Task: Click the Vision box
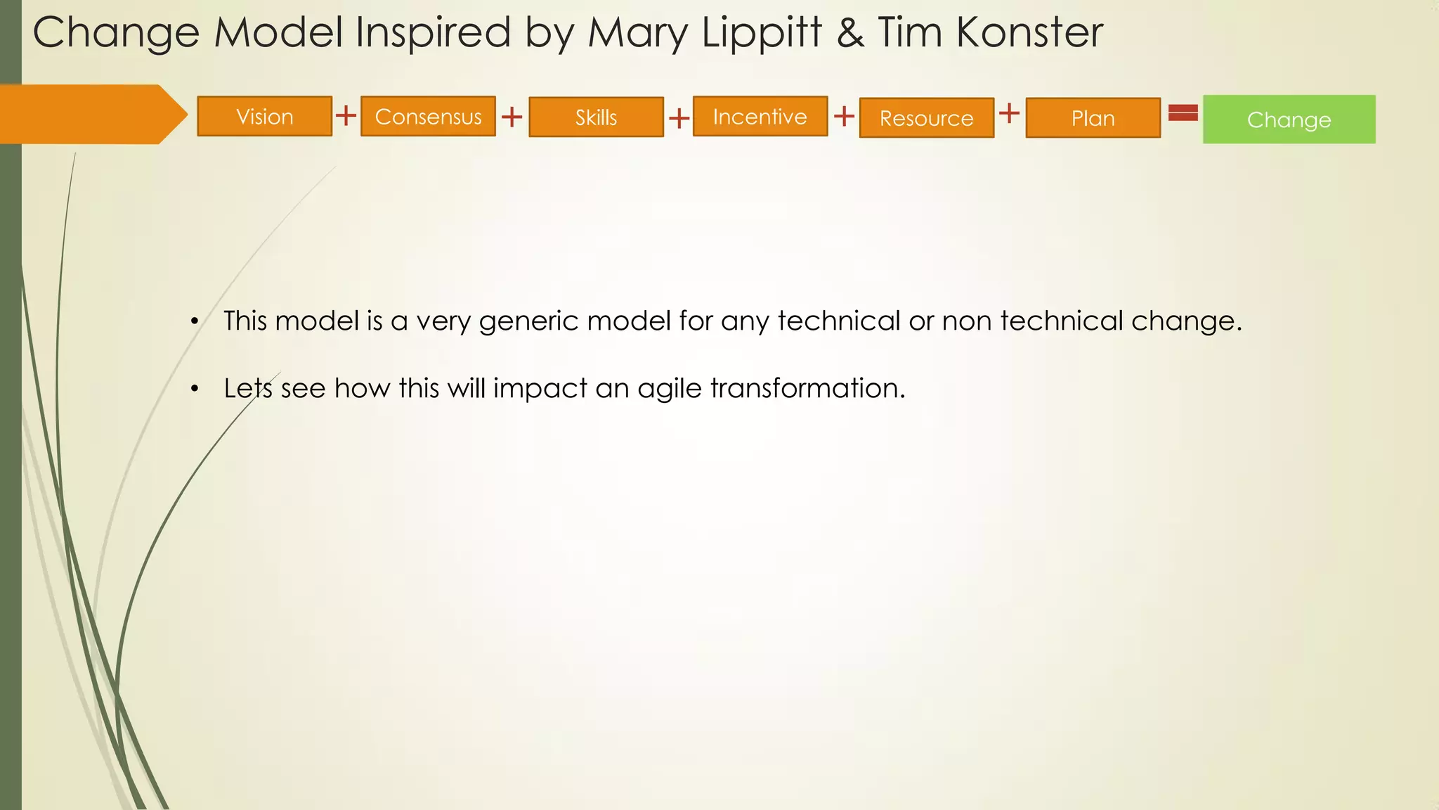[x=264, y=116]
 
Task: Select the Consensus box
[x=428, y=116]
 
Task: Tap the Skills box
[x=596, y=117]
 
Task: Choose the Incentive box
[x=760, y=116]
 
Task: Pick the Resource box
[x=926, y=117]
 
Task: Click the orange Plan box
[x=1093, y=117]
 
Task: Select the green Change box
[x=1289, y=120]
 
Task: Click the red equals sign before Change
[x=1183, y=112]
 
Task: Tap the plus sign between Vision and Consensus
[x=346, y=115]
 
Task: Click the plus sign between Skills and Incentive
[x=679, y=118]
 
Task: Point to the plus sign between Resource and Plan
[x=1009, y=112]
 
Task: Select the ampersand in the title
[x=850, y=33]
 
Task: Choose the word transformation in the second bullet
[x=807, y=388]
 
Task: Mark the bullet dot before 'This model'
[x=195, y=323]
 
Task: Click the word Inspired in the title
[x=433, y=33]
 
